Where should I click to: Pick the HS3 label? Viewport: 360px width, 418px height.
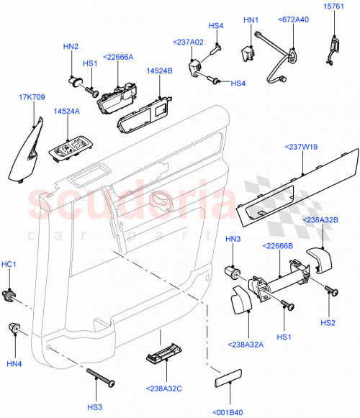pyautogui.click(x=94, y=407)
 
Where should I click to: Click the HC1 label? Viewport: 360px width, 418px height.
pyautogui.click(x=10, y=265)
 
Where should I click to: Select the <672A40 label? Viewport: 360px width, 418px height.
pyautogui.click(x=294, y=20)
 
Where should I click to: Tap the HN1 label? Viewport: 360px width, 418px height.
pyautogui.click(x=251, y=20)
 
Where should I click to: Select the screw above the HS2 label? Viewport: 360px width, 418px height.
pyautogui.click(x=331, y=291)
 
